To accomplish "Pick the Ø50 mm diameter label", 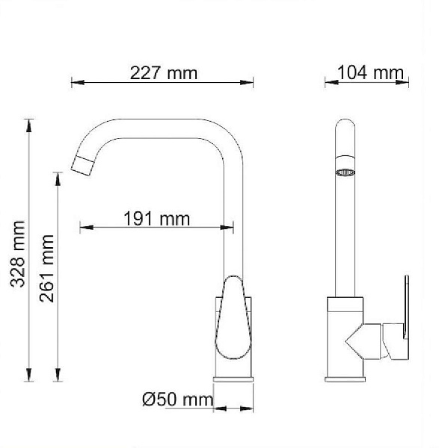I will pyautogui.click(x=177, y=399).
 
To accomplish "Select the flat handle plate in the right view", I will pyautogui.click(x=407, y=314).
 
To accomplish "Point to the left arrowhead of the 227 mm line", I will pyautogui.click(x=75, y=82).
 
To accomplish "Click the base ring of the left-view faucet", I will pyautogui.click(x=235, y=379).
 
